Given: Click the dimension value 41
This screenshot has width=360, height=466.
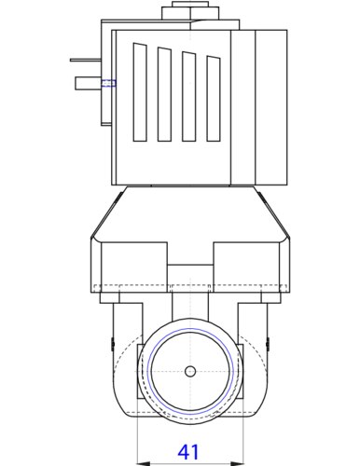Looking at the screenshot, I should pos(188,452).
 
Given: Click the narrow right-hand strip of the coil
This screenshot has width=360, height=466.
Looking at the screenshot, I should pos(270,107).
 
